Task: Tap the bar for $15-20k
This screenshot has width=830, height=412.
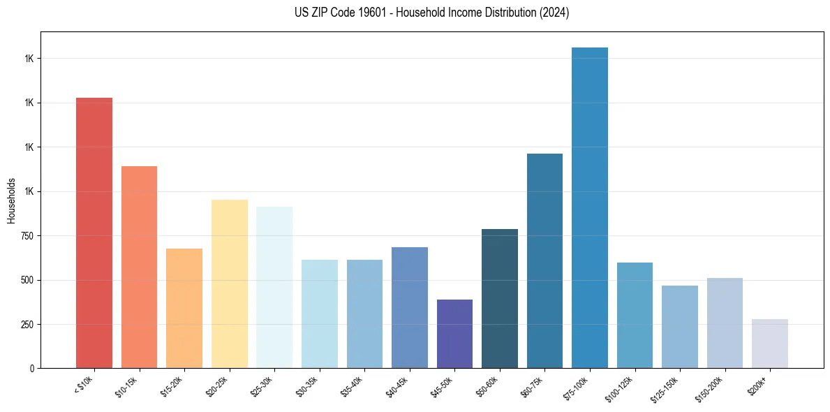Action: click(184, 308)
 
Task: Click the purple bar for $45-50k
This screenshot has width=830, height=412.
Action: click(454, 334)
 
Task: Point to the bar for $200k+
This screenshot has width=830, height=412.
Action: click(770, 344)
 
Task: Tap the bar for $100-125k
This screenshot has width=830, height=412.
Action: click(635, 315)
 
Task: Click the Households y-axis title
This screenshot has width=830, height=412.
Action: click(11, 200)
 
